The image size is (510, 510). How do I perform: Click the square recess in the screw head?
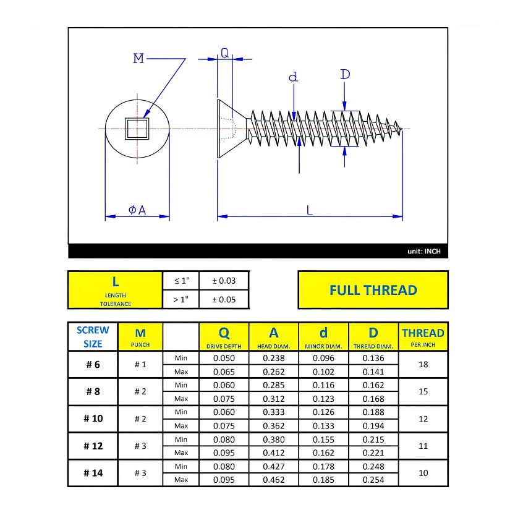click(x=136, y=129)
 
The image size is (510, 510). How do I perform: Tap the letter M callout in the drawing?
click(x=138, y=59)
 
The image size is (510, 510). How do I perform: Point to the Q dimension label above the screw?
click(x=224, y=53)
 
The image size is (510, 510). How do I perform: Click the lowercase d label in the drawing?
click(x=293, y=77)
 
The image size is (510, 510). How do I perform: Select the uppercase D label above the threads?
click(x=345, y=75)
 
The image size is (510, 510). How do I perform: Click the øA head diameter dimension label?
click(x=137, y=210)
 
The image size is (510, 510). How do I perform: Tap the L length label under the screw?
click(x=310, y=210)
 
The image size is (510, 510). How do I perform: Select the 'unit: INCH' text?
click(x=424, y=252)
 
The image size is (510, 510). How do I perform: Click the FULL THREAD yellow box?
click(x=373, y=290)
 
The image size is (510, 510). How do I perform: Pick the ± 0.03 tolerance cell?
click(x=224, y=281)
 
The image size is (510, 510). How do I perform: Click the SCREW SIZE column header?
click(x=93, y=337)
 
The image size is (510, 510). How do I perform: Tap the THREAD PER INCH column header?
click(x=423, y=337)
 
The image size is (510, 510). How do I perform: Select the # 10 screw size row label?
click(x=93, y=419)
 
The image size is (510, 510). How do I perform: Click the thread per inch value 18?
click(x=423, y=365)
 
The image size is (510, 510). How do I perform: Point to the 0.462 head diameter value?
click(x=274, y=480)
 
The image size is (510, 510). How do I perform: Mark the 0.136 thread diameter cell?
click(x=373, y=358)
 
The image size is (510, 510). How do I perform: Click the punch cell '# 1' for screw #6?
click(x=140, y=365)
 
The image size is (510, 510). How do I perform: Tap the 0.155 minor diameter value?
click(x=323, y=440)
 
